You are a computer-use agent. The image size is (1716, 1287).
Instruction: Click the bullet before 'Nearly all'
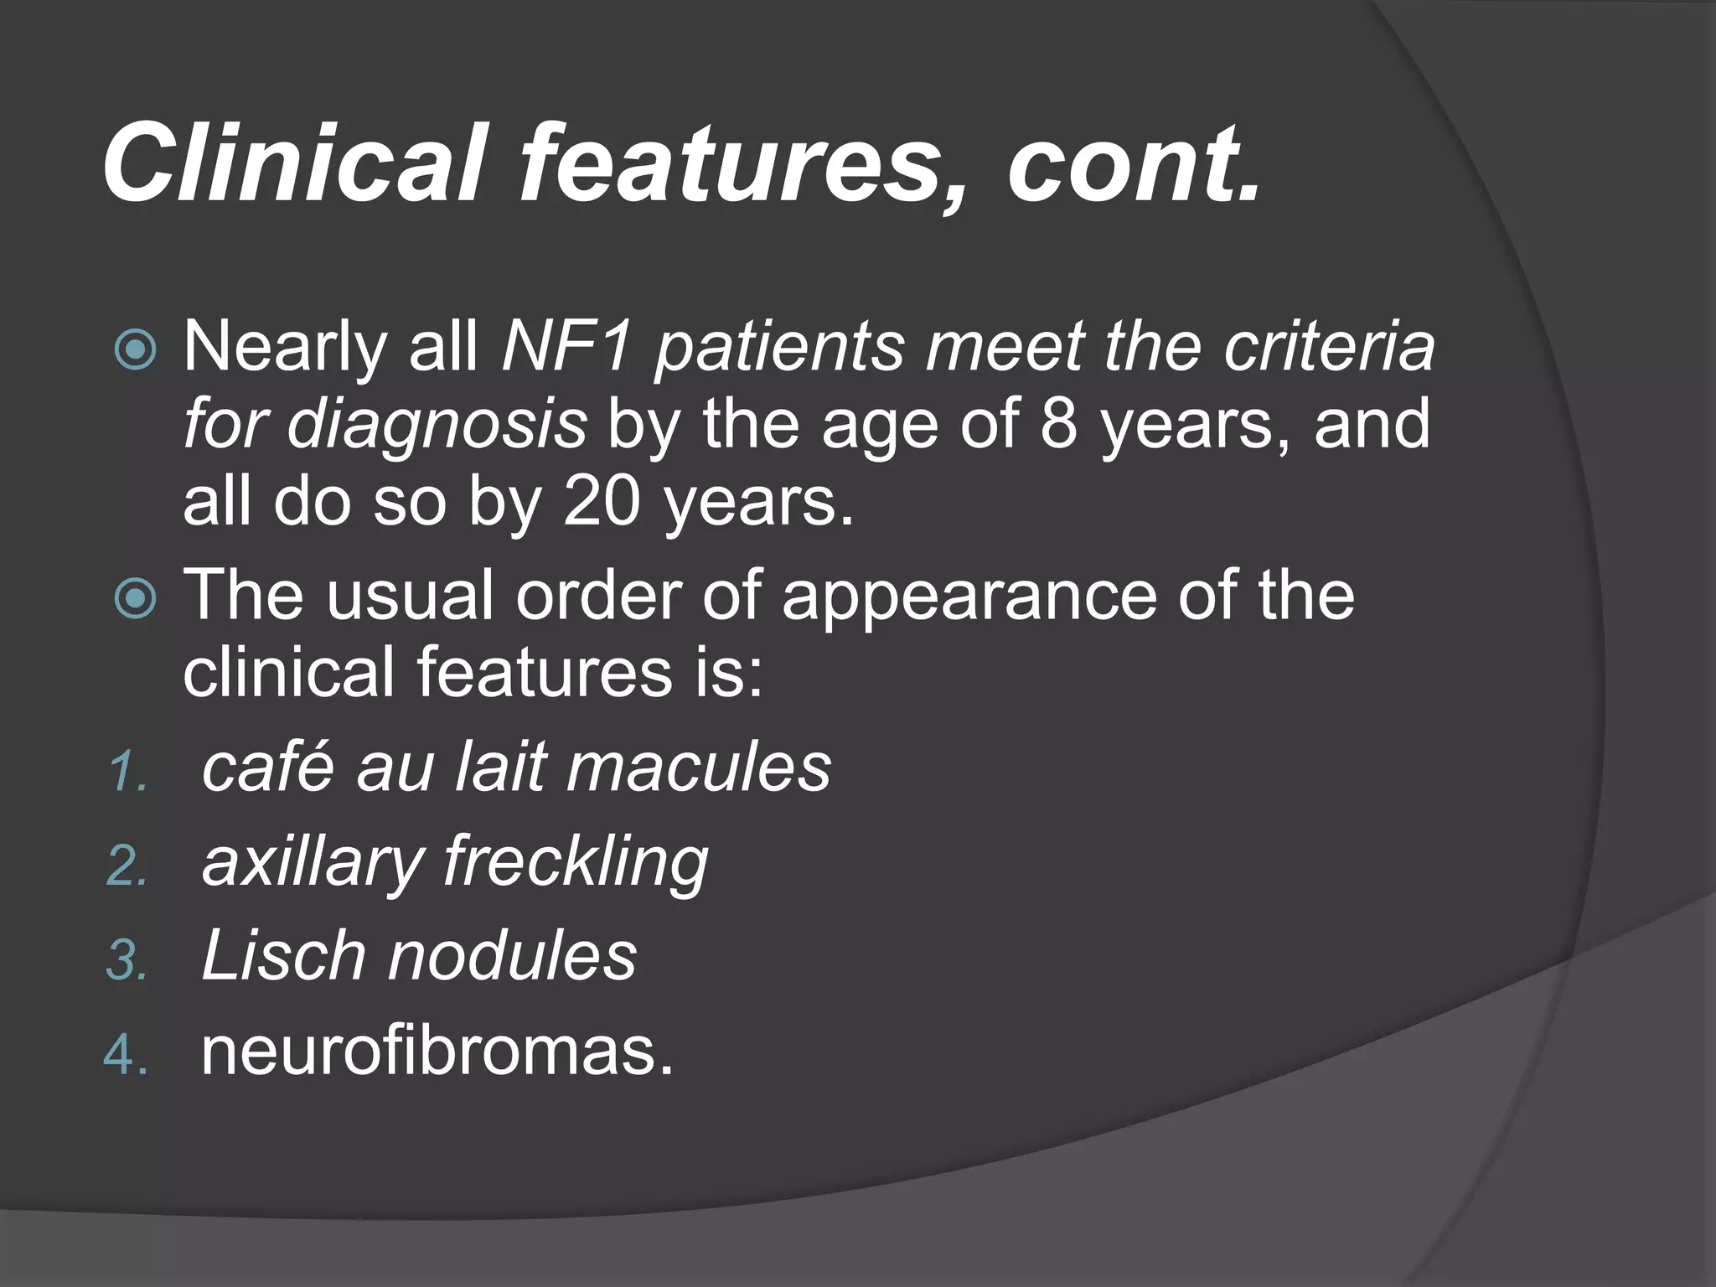pyautogui.click(x=135, y=349)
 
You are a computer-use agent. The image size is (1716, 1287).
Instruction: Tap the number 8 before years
pyautogui.click(x=1058, y=423)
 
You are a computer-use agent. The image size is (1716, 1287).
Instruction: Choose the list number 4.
pyautogui.click(x=126, y=1054)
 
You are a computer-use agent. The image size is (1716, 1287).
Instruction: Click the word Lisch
pyautogui.click(x=282, y=955)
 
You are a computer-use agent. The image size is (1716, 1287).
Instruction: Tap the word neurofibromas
pyautogui.click(x=437, y=1051)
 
